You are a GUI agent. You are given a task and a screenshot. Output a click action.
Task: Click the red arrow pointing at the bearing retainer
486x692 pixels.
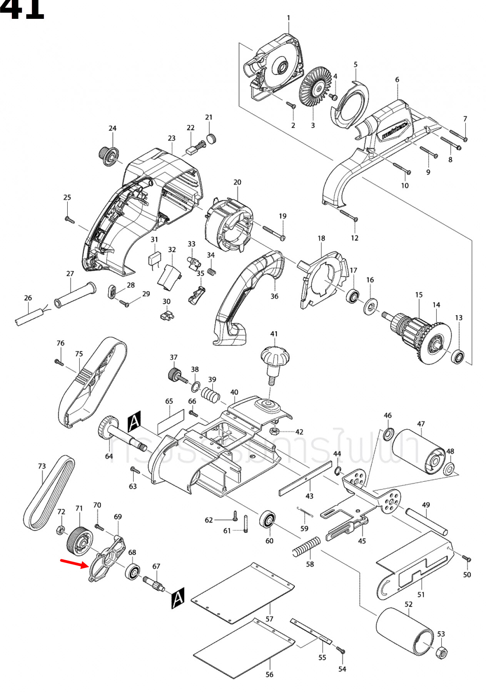point(74,563)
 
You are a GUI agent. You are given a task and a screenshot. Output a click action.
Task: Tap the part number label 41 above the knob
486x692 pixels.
point(274,334)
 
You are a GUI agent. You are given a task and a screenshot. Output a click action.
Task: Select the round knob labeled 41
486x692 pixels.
point(275,358)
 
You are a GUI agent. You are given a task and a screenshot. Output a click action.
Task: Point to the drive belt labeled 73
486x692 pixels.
point(49,493)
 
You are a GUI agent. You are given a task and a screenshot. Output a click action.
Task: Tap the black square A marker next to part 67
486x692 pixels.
point(177,598)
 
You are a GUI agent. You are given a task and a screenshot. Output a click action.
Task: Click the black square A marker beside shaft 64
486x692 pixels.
point(134,421)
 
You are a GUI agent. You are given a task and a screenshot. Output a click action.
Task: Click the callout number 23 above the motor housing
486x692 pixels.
point(172,138)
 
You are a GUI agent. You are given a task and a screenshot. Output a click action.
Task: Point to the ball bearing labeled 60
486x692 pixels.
point(267,520)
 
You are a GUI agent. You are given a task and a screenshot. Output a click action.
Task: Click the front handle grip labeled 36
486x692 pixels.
point(246,296)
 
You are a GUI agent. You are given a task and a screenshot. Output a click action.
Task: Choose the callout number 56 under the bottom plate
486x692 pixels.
point(269,674)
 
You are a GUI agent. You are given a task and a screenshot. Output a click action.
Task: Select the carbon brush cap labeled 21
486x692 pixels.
point(211,138)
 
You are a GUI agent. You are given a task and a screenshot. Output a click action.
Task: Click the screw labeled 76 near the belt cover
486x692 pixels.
point(58,362)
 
